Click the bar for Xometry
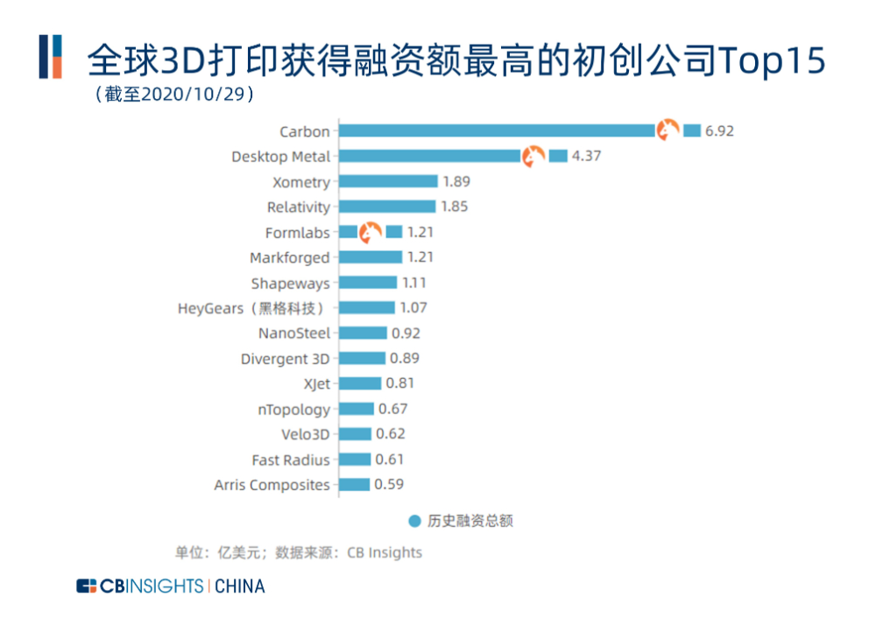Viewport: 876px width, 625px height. point(388,182)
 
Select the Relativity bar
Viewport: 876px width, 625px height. point(387,207)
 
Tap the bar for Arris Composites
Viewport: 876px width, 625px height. point(355,484)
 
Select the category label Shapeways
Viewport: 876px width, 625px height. point(290,284)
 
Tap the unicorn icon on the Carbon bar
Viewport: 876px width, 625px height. point(668,130)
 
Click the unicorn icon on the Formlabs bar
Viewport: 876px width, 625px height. point(371,232)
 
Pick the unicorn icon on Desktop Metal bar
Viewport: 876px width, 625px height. point(533,157)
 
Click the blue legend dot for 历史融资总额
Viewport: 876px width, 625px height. point(415,521)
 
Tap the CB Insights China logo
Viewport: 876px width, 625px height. point(170,586)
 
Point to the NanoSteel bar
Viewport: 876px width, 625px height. point(363,334)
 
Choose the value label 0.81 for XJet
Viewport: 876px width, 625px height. point(399,383)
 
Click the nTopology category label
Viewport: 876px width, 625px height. point(294,409)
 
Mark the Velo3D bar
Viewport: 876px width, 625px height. point(355,434)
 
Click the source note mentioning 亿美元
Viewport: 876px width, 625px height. point(299,552)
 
